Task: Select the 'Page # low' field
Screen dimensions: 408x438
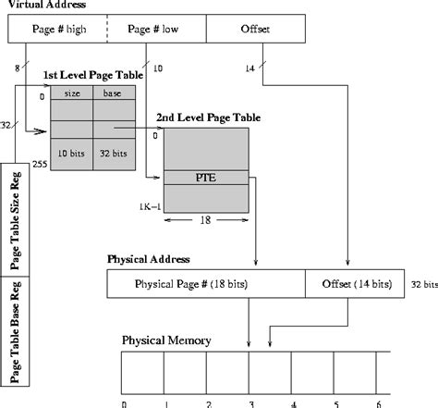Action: pyautogui.click(x=154, y=30)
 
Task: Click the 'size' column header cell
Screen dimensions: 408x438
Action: pyautogui.click(x=72, y=93)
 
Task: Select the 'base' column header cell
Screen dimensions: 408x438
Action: pyautogui.click(x=114, y=93)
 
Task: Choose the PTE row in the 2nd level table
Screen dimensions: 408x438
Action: pyautogui.click(x=205, y=178)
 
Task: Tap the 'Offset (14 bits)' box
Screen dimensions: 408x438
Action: pyautogui.click(x=355, y=283)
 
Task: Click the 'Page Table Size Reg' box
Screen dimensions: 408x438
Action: pyautogui.click(x=18, y=217)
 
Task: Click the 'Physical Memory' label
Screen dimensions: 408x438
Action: pyautogui.click(x=167, y=340)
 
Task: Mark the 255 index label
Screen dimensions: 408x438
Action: pyautogui.click(x=39, y=165)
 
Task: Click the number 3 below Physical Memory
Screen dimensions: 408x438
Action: pyautogui.click(x=251, y=402)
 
